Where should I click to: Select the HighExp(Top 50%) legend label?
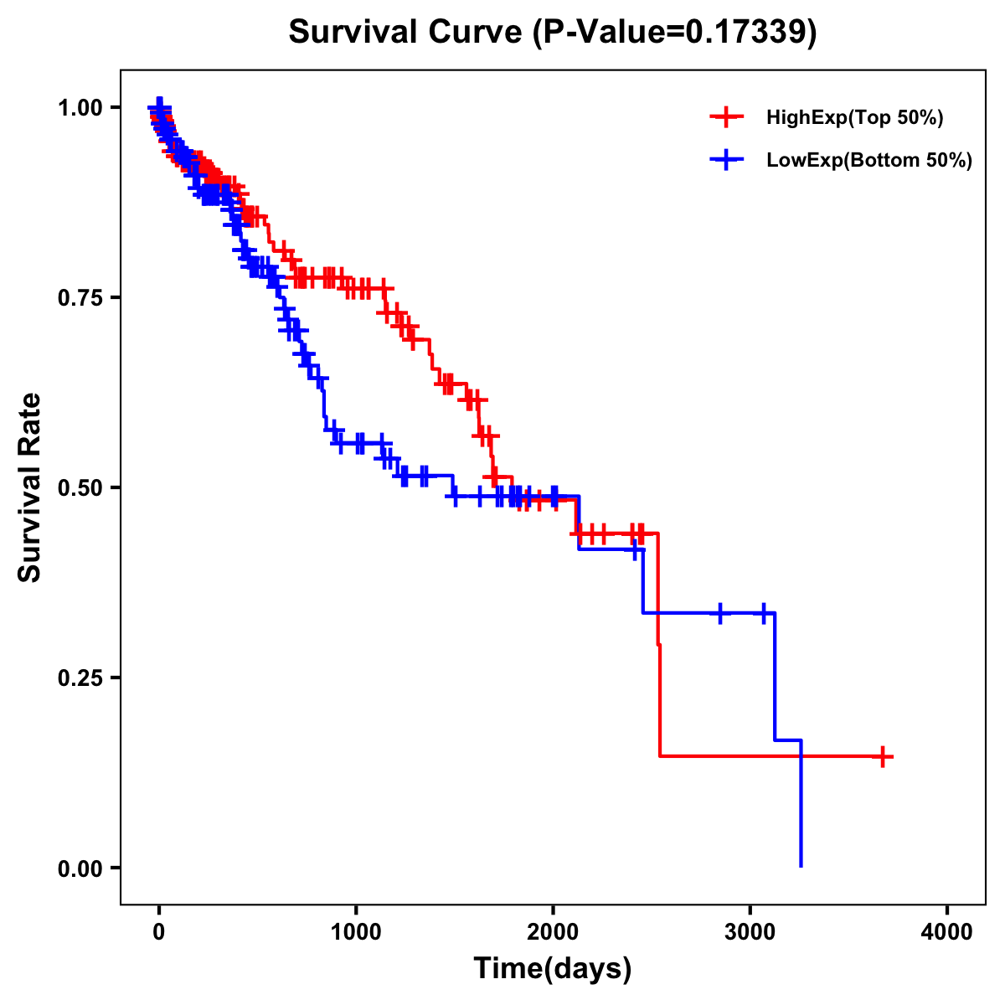tap(854, 118)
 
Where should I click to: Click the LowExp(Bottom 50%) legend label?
tap(869, 160)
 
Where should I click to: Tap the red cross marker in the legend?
tap(726, 118)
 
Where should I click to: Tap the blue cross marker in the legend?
tap(726, 160)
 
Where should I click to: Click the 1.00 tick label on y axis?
tap(80, 108)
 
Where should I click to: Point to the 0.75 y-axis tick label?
tap(80, 297)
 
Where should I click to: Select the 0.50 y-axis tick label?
tap(80, 487)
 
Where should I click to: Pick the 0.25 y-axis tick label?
tap(80, 678)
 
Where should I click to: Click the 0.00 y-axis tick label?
tap(80, 868)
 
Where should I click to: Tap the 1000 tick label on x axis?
tap(356, 932)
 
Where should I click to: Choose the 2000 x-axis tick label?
tap(553, 932)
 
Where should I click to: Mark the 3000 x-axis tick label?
tap(750, 932)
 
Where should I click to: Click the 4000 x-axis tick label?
tap(947, 932)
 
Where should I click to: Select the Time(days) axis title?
tap(553, 969)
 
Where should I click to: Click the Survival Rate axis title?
tap(30, 487)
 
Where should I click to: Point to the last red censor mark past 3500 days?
tap(882, 756)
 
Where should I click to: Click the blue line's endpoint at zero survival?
tap(801, 866)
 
